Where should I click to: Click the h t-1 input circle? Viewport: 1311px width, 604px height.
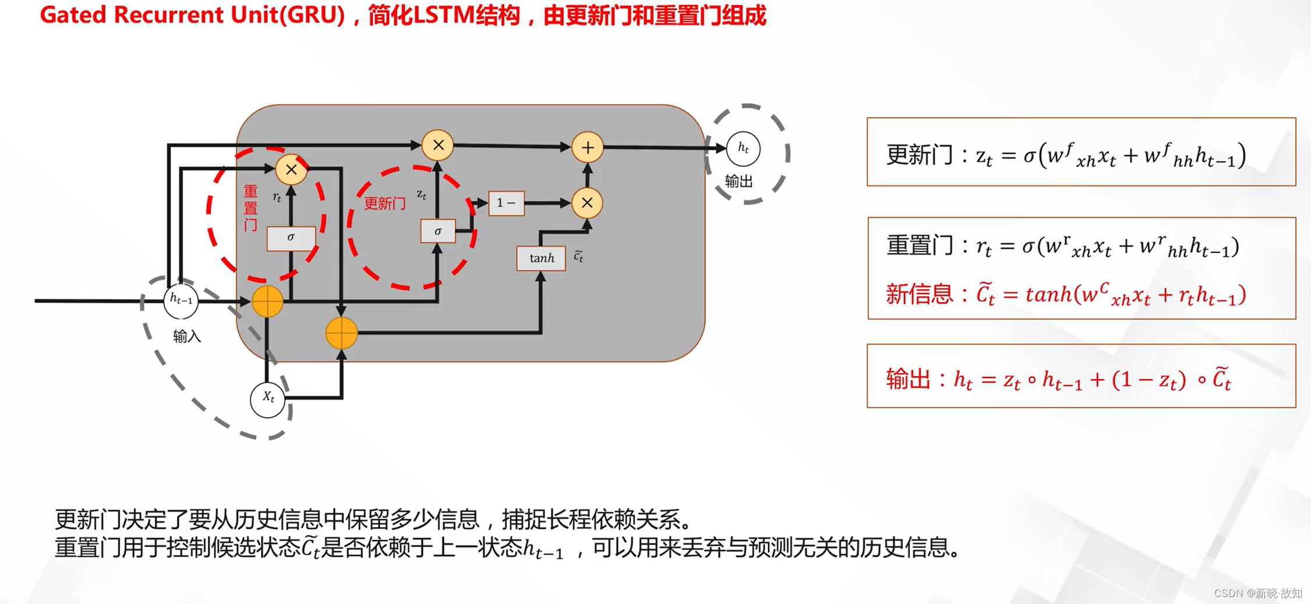(x=181, y=301)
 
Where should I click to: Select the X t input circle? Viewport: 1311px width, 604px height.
(x=267, y=399)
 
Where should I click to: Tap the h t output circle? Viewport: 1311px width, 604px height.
(x=743, y=149)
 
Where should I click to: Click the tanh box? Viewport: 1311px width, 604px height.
(x=541, y=258)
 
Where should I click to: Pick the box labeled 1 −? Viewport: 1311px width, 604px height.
(x=506, y=203)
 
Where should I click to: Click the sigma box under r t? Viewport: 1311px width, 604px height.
(x=291, y=238)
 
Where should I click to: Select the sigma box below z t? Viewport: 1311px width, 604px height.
(x=438, y=231)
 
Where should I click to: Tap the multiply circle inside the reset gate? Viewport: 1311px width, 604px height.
(x=291, y=169)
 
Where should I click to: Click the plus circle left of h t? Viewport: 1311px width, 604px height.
(x=587, y=147)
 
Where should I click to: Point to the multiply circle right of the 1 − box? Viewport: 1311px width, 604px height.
(x=587, y=203)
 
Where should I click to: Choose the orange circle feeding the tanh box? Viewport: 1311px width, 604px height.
(x=341, y=333)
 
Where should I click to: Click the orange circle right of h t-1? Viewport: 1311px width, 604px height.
(x=267, y=301)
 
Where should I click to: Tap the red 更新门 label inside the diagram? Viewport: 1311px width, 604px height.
(x=384, y=204)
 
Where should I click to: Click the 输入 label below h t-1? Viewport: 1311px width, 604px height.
(x=186, y=337)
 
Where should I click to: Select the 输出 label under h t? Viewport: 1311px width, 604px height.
(x=738, y=182)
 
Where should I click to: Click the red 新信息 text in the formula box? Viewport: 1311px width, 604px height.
(x=919, y=294)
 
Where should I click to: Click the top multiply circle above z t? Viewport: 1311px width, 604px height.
(x=438, y=145)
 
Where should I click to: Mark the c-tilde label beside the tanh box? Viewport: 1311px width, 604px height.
(x=578, y=256)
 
